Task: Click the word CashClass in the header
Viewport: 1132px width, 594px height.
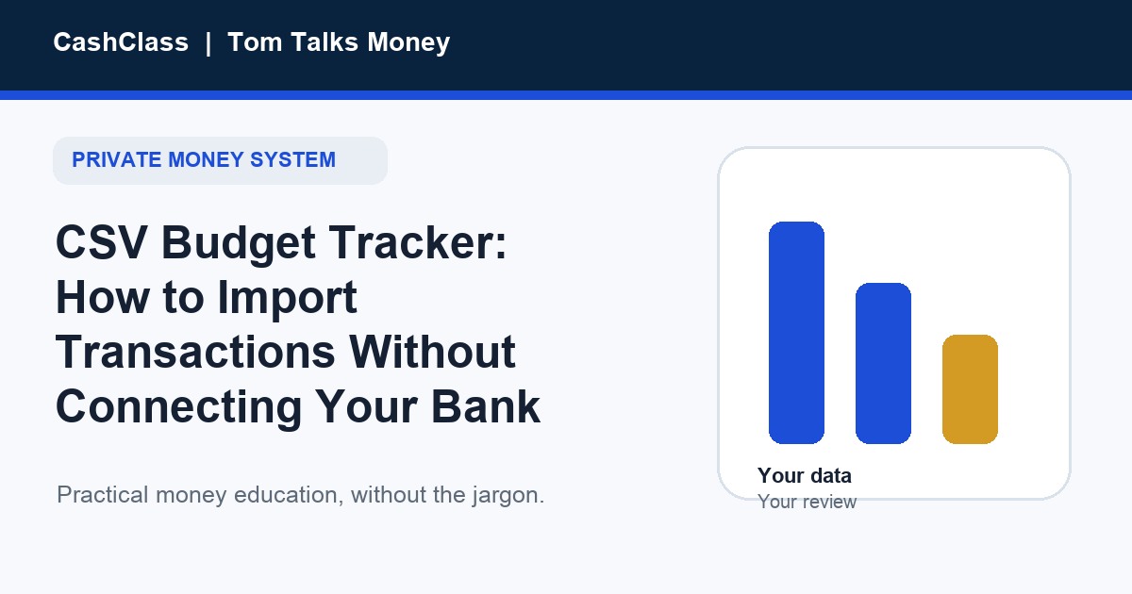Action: (121, 41)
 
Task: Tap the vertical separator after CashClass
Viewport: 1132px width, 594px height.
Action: (208, 43)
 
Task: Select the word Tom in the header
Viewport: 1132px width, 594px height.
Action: (255, 41)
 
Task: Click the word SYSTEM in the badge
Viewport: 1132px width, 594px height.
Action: (292, 159)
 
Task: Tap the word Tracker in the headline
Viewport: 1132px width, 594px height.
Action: (417, 242)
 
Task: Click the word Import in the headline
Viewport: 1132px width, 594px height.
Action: (287, 299)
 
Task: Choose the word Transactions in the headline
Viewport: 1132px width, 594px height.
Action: (195, 352)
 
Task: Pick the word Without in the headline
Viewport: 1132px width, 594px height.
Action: (432, 352)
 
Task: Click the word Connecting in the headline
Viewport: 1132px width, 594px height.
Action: (179, 408)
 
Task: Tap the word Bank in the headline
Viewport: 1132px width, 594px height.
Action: (486, 406)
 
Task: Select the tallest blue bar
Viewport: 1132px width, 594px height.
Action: (796, 333)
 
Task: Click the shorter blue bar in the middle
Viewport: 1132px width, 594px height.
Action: (883, 364)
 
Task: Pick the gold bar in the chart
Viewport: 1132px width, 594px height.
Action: (971, 389)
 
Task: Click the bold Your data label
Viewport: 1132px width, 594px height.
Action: (805, 476)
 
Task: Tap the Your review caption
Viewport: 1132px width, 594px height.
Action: (807, 502)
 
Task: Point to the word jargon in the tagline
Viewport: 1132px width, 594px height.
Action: (508, 496)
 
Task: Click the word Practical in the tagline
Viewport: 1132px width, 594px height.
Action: (103, 495)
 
